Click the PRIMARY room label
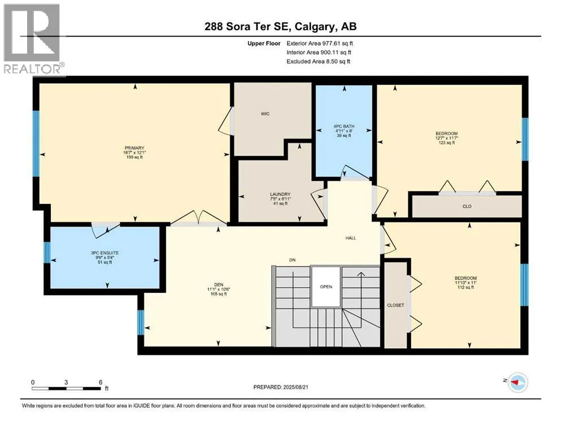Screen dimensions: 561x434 tap(134, 147)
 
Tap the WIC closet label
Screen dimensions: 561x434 tap(265, 114)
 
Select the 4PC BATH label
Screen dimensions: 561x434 tap(344, 126)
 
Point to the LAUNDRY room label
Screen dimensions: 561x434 tap(280, 194)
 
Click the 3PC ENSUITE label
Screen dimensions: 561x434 tap(105, 253)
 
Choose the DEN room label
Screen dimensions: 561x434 tap(219, 285)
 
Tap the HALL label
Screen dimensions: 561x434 tap(351, 238)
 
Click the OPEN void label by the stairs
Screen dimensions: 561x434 tap(326, 287)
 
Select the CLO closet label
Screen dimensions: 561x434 tap(467, 206)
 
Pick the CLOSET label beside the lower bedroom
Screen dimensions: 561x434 tap(395, 305)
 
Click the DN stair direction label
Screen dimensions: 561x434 tap(292, 260)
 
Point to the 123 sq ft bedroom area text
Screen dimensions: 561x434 tap(446, 143)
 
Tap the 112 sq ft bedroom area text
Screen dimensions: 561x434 tap(466, 287)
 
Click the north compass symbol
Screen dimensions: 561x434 tap(517, 383)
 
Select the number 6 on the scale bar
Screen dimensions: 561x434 tap(101, 382)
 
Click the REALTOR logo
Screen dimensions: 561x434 tap(33, 40)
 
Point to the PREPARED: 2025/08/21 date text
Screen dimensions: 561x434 tap(281, 387)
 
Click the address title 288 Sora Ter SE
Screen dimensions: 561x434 tap(249, 27)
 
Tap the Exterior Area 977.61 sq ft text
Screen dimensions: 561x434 tap(320, 44)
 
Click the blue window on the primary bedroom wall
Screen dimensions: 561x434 tap(36, 144)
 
